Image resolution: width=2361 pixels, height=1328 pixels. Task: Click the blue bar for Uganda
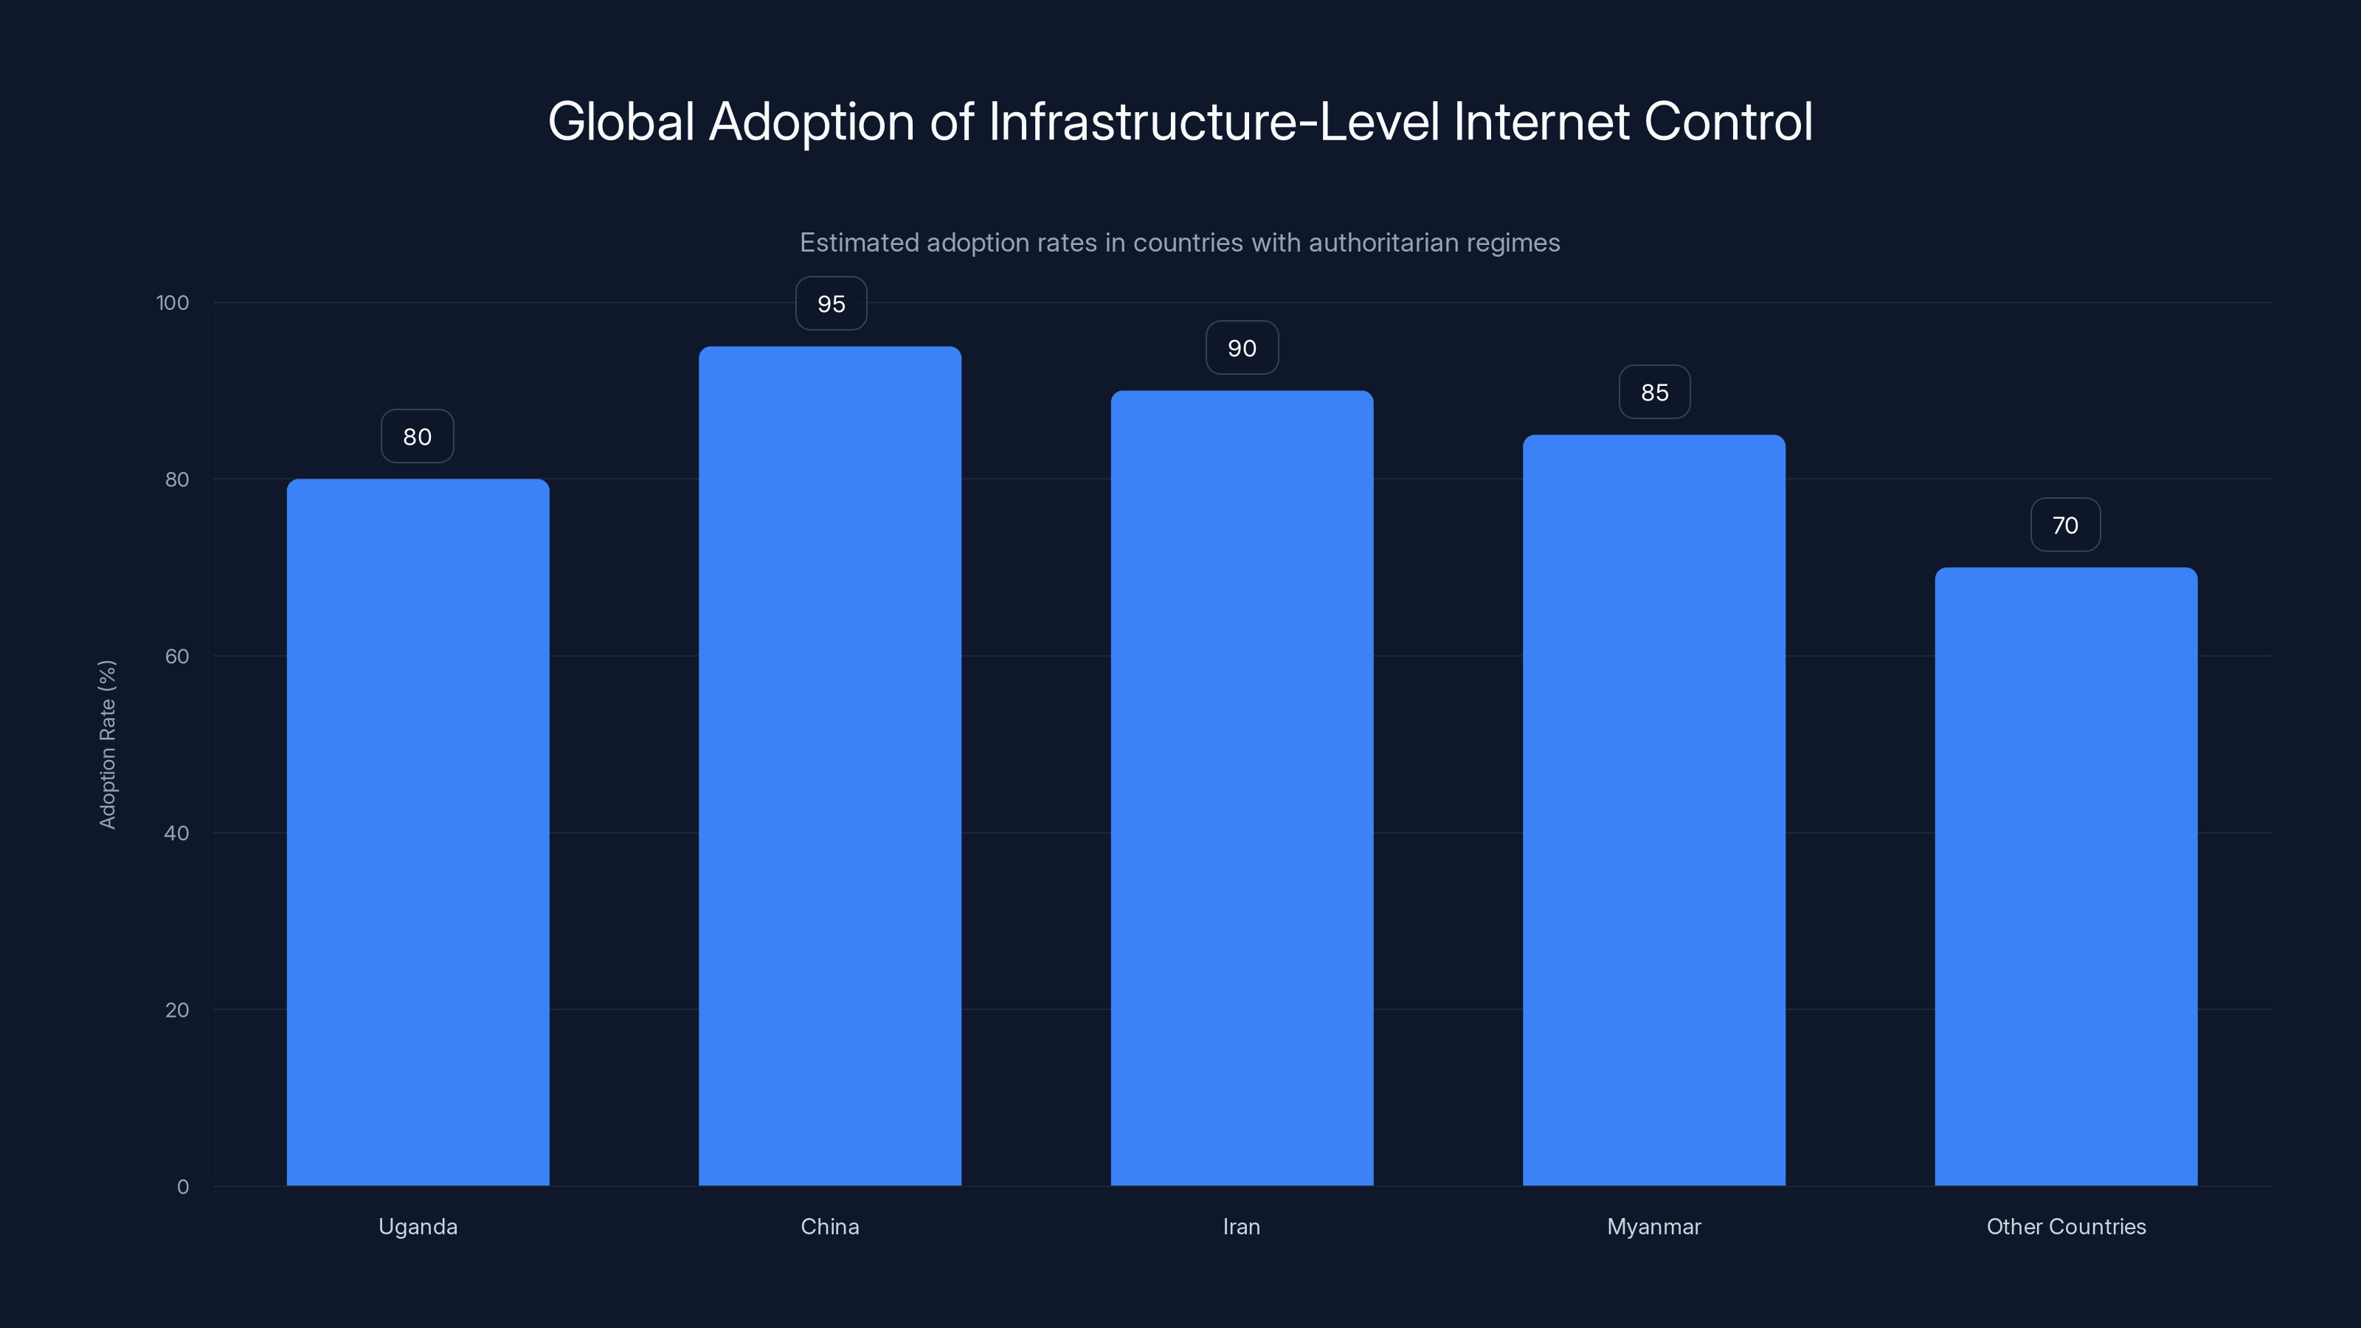418,832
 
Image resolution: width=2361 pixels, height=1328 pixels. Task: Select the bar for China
829,767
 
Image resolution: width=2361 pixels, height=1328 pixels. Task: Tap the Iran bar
1242,788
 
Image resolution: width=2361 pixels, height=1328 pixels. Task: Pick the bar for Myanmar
1653,810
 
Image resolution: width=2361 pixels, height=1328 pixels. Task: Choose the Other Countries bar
2066,876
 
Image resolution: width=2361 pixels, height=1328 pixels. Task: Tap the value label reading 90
1242,348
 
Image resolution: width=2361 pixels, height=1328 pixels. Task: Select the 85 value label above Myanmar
1654,392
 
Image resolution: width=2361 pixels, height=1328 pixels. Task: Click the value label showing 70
2065,525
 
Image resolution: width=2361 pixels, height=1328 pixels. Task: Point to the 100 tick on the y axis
173,303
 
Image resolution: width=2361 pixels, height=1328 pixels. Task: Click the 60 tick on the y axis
177,656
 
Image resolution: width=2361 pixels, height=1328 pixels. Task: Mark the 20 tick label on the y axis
177,1010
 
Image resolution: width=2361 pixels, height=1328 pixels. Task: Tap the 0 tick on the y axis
182,1187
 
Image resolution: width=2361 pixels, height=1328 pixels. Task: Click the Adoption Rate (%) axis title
107,744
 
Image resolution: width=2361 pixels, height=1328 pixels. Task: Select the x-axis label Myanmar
1653,1226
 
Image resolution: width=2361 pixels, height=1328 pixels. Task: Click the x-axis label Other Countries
2066,1226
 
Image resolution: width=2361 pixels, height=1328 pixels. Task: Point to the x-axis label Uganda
418,1226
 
